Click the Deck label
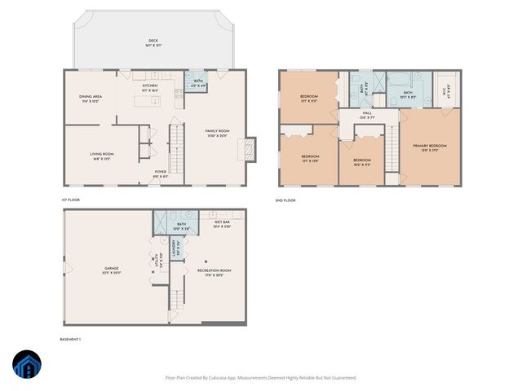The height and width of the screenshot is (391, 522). tap(153, 42)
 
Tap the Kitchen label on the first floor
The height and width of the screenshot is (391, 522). tap(150, 86)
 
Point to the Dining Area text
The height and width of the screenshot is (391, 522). tap(90, 99)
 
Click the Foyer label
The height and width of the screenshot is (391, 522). tap(161, 172)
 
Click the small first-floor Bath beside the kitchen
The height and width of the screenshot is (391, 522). tap(194, 82)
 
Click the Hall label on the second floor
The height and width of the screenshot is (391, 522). tap(367, 115)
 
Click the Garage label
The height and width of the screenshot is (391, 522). tap(111, 270)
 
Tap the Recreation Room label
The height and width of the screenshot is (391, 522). tap(215, 271)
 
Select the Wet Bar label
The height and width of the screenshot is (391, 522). tap(222, 223)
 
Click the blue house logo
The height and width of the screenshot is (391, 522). tap(27, 366)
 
